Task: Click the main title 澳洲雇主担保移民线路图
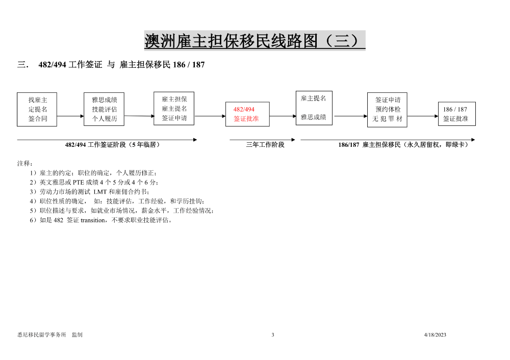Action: [231, 41]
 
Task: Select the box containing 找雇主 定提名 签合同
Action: [37, 109]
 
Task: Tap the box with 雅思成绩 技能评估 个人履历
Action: [104, 109]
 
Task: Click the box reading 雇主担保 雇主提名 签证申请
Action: [174, 108]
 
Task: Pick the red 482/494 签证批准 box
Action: [247, 114]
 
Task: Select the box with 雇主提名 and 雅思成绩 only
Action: [314, 108]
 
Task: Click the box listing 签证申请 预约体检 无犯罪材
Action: [388, 110]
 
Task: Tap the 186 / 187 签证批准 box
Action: [457, 114]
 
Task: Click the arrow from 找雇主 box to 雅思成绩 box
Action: [70, 116]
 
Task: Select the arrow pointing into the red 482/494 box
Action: [210, 116]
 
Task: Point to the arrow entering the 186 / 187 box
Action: [423, 116]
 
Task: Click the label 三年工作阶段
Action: [265, 145]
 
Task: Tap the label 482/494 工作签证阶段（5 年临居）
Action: [113, 145]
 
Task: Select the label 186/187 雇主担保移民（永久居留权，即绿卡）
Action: [403, 145]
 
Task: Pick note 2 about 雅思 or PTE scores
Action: [94, 182]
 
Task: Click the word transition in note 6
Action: [93, 220]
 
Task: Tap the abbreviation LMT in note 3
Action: [100, 192]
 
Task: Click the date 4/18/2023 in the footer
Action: [435, 335]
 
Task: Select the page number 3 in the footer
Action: [273, 335]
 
